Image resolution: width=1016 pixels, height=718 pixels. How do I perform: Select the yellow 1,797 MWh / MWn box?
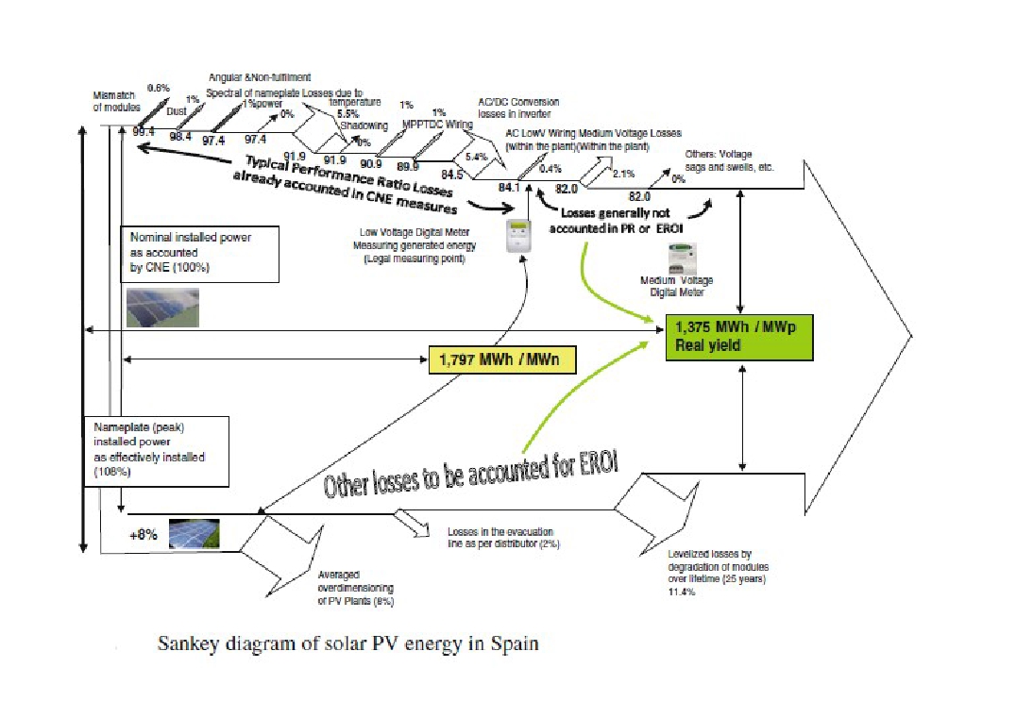501,359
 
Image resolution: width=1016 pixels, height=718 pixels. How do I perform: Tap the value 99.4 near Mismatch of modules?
144,132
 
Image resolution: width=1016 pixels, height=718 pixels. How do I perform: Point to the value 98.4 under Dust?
179,137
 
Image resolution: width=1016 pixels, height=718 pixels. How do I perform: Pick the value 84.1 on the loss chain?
509,187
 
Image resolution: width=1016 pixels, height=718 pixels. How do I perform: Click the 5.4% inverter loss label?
476,156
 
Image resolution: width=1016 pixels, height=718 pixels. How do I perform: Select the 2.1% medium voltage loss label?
622,175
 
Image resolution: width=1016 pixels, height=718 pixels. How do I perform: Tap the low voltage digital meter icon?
516,237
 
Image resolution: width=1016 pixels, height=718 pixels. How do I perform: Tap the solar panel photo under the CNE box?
162,306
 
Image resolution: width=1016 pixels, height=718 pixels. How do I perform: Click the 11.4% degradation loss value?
681,592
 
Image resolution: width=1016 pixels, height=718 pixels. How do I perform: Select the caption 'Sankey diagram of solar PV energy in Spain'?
347,644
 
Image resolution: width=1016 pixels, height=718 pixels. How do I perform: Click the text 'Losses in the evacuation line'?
501,538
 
